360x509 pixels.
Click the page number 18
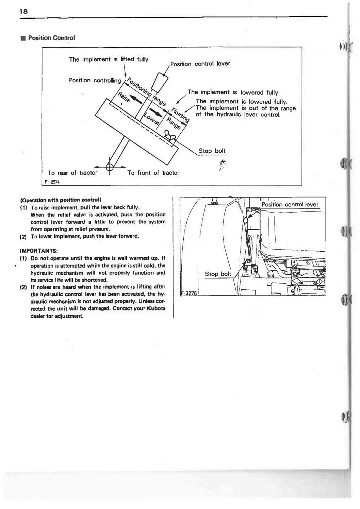[x=23, y=11]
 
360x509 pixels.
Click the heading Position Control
[x=51, y=38]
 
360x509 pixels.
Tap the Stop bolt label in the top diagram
[x=212, y=151]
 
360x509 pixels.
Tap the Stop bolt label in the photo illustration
[x=218, y=274]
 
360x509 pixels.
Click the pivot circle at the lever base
[x=110, y=167]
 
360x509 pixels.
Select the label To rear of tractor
[x=72, y=173]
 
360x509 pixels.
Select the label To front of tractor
[x=153, y=173]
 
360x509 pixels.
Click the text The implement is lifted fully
[x=109, y=60]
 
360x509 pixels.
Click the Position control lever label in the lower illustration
[x=290, y=204]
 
